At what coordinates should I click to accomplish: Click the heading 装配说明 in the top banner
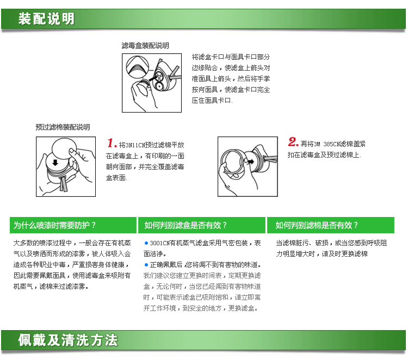(x=46, y=20)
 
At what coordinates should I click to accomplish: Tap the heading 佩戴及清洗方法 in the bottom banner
(x=67, y=341)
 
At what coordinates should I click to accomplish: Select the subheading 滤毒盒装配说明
(x=145, y=46)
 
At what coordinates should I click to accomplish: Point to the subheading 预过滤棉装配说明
(x=63, y=127)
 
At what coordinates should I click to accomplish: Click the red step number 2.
(x=293, y=143)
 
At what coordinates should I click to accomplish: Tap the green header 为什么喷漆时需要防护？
(x=55, y=225)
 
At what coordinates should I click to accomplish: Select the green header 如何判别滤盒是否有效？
(x=186, y=225)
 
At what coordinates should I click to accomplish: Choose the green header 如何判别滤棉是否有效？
(x=317, y=225)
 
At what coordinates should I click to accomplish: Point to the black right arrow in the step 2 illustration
(x=251, y=161)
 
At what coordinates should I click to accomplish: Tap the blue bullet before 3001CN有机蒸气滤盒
(x=146, y=243)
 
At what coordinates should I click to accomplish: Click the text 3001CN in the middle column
(x=159, y=243)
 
